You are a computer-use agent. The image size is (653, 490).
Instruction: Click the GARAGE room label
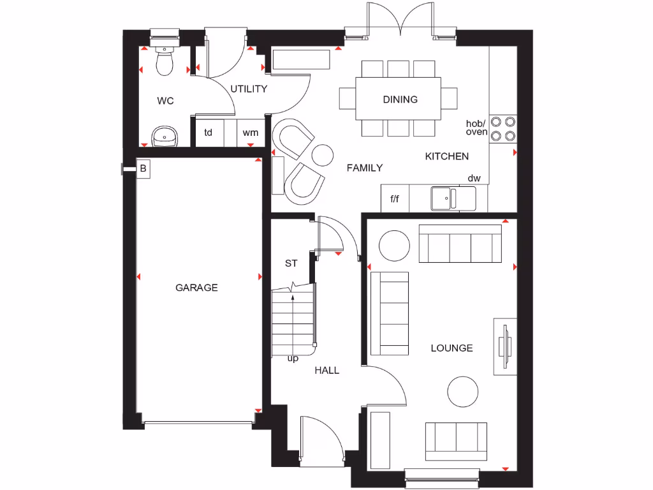[x=196, y=288]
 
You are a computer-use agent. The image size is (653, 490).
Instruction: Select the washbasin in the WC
[x=165, y=135]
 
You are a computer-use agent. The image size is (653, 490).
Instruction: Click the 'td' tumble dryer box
[x=208, y=133]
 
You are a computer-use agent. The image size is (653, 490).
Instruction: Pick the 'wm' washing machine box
[x=251, y=133]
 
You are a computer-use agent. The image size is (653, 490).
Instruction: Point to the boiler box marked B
[x=143, y=169]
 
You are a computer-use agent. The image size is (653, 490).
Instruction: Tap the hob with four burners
[x=503, y=128]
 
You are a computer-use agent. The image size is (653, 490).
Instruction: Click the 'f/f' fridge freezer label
[x=395, y=199]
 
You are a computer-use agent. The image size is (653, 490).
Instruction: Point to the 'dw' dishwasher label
[x=474, y=179]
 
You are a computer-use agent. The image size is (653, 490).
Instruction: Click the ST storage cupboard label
[x=291, y=263]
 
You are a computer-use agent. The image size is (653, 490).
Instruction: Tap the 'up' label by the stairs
[x=293, y=359]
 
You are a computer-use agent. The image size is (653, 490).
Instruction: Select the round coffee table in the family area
[x=323, y=154]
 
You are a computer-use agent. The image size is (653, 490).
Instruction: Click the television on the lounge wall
[x=505, y=347]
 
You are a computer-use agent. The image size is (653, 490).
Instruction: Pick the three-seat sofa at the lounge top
[x=460, y=244]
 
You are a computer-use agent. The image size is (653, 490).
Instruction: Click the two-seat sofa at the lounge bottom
[x=456, y=441]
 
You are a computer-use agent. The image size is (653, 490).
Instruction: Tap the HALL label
[x=326, y=370]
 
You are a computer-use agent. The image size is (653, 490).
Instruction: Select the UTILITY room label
[x=249, y=89]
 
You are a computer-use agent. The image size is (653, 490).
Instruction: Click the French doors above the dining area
[x=400, y=19]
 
